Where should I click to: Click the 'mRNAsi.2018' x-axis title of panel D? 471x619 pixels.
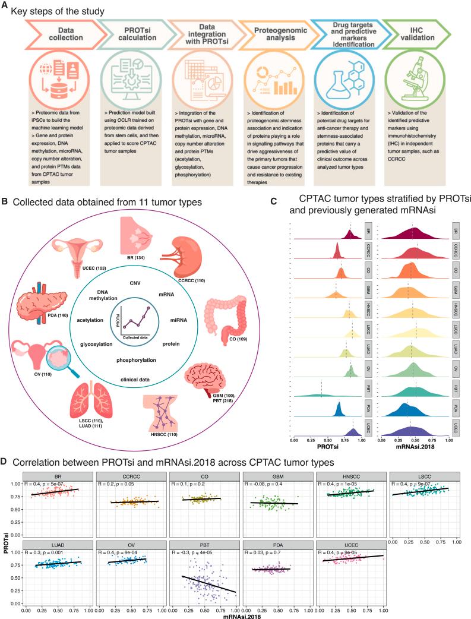point(204,614)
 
